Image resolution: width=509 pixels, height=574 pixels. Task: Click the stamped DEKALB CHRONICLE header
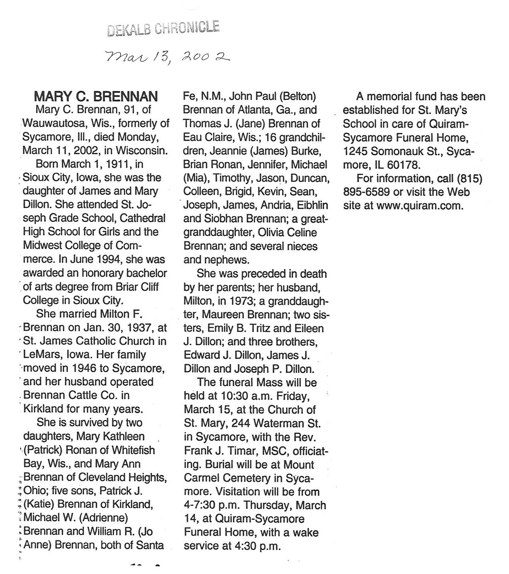point(163,29)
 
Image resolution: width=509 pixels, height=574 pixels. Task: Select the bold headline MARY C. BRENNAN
point(96,96)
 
